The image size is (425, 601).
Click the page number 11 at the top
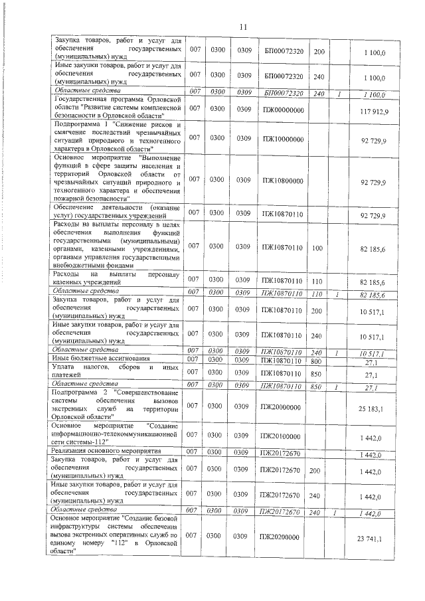click(x=242, y=27)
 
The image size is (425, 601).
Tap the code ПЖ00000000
click(x=282, y=109)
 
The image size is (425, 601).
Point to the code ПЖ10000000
click(x=282, y=138)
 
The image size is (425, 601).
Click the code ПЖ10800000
click(x=282, y=180)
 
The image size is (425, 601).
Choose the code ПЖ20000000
click(x=282, y=407)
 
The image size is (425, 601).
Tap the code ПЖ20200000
click(x=282, y=537)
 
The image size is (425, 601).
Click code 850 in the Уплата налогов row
click(x=317, y=373)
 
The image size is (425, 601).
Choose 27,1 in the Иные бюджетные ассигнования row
click(x=378, y=362)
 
